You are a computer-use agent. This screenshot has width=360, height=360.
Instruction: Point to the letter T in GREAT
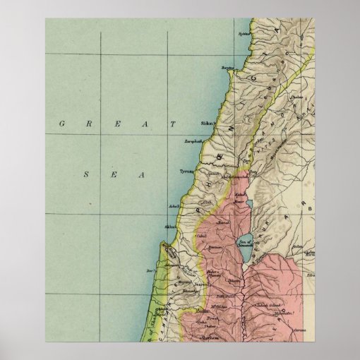tap(173, 124)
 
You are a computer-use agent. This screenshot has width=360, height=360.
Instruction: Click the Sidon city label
tap(207, 122)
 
